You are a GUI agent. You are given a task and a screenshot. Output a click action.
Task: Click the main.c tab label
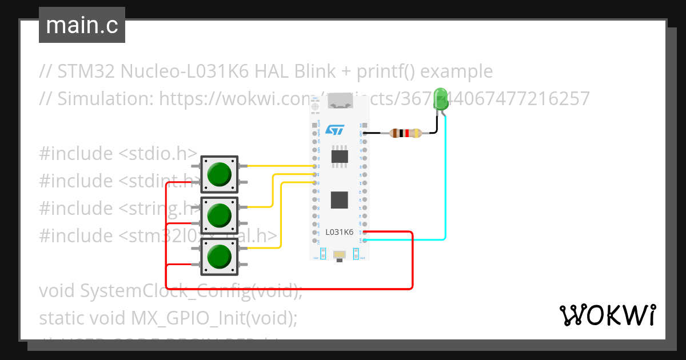pos(82,25)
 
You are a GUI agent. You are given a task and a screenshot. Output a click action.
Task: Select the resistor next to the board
pos(405,134)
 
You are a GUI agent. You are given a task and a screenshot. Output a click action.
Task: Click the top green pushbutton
pos(219,174)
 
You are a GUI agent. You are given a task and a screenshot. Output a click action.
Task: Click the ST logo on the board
pos(334,130)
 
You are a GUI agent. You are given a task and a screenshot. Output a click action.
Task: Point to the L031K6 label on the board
pos(340,232)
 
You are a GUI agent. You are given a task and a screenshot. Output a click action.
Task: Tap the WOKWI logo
pos(607,315)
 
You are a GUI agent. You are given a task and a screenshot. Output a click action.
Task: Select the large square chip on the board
pos(340,199)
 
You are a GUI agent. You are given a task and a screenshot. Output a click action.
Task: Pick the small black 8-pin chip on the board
pos(340,156)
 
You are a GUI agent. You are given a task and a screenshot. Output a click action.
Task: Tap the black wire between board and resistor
pos(377,134)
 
